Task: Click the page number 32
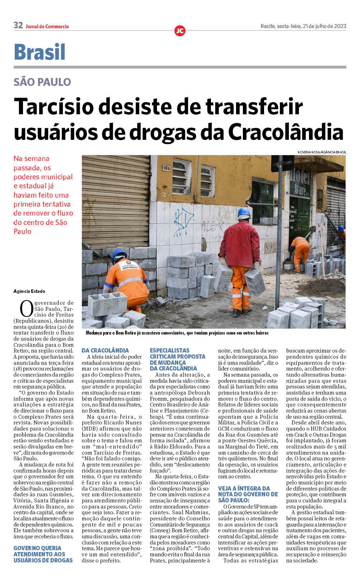[x=18, y=25]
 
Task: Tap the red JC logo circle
[x=180, y=31]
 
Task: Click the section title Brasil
[x=40, y=52]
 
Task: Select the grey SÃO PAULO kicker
[x=42, y=82]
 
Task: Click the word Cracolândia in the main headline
[x=286, y=132]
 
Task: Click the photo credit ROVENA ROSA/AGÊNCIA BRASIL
[x=322, y=152]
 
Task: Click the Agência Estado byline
[x=29, y=291]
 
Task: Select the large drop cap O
[x=26, y=309]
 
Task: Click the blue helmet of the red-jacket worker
[x=244, y=212]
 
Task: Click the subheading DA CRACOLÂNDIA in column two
[x=105, y=350]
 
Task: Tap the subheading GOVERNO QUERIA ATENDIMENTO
[x=43, y=554]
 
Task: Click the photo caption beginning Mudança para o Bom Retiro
[x=177, y=333]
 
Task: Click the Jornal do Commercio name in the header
[x=47, y=27]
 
